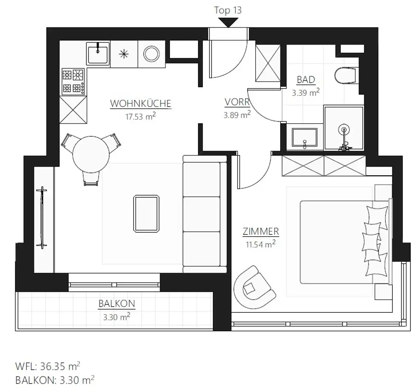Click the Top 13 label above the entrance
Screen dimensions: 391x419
pos(228,10)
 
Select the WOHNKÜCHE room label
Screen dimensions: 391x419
pos(140,104)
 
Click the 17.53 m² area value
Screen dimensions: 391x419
pos(140,116)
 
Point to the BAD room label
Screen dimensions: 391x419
pos(306,79)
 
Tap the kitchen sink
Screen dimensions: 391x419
pos(98,54)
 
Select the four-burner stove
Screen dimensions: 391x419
pos(73,81)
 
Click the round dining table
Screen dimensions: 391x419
pos(92,155)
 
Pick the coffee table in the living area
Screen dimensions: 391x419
pos(146,214)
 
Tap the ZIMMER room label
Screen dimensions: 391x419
pos(261,231)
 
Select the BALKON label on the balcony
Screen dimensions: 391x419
pos(117,304)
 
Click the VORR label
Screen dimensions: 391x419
pos(237,102)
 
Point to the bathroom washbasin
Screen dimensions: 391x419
pos(304,138)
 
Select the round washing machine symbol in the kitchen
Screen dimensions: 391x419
pos(151,54)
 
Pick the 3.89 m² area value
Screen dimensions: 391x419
pos(237,115)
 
